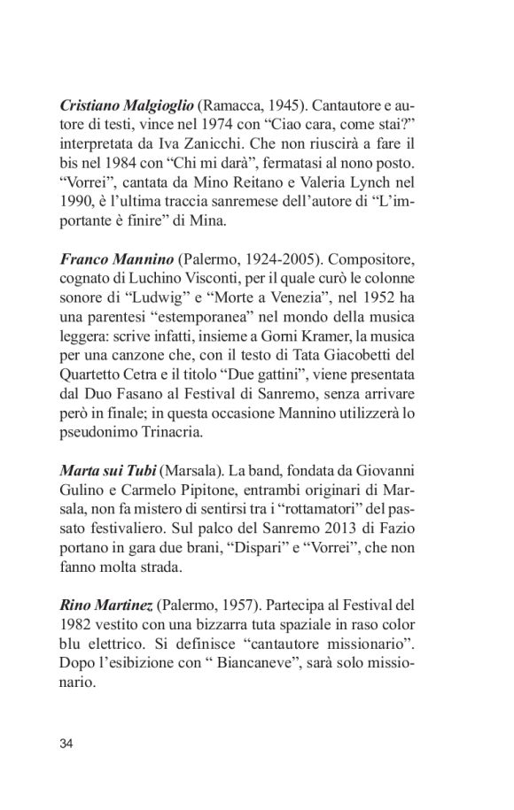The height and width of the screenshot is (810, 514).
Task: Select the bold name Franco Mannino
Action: pyautogui.click(x=115, y=259)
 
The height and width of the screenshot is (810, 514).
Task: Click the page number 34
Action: pyautogui.click(x=66, y=741)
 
